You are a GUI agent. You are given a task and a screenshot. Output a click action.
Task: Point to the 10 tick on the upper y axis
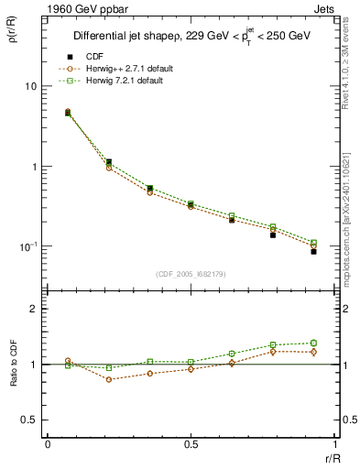(x=29, y=86)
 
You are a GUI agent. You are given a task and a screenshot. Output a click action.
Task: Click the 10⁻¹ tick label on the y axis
(x=27, y=246)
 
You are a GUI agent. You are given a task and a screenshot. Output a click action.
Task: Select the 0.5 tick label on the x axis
(x=191, y=444)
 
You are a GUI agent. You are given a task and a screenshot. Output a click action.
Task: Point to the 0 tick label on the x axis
(x=48, y=444)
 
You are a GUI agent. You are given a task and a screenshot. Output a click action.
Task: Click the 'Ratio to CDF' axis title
(x=13, y=378)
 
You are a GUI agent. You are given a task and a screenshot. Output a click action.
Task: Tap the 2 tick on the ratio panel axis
(x=33, y=310)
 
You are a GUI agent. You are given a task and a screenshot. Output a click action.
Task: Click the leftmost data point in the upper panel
(x=68, y=113)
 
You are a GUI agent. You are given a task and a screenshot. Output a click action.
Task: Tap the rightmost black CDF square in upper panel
(x=313, y=251)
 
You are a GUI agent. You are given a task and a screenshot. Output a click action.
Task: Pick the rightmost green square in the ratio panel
(x=313, y=344)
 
